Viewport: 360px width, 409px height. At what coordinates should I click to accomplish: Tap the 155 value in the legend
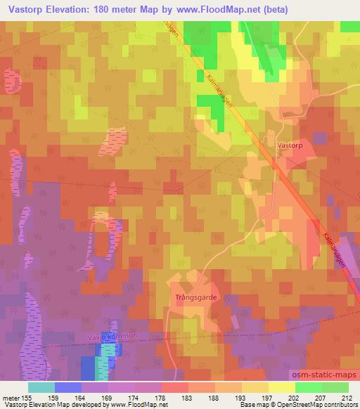(27, 397)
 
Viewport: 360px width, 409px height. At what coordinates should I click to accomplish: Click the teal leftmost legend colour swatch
(41, 387)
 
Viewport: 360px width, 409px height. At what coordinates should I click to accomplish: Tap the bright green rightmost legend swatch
(335, 387)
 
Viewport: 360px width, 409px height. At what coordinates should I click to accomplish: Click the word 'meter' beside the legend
(10, 397)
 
